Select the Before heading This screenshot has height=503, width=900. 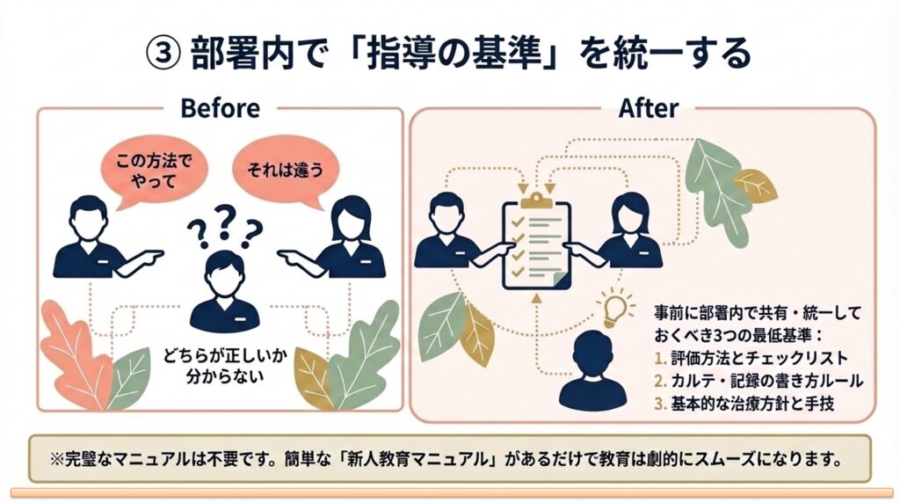(219, 108)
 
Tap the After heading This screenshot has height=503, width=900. (648, 108)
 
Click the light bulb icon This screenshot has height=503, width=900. (614, 305)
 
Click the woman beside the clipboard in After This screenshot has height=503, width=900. (629, 230)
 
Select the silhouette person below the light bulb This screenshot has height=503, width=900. (599, 369)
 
